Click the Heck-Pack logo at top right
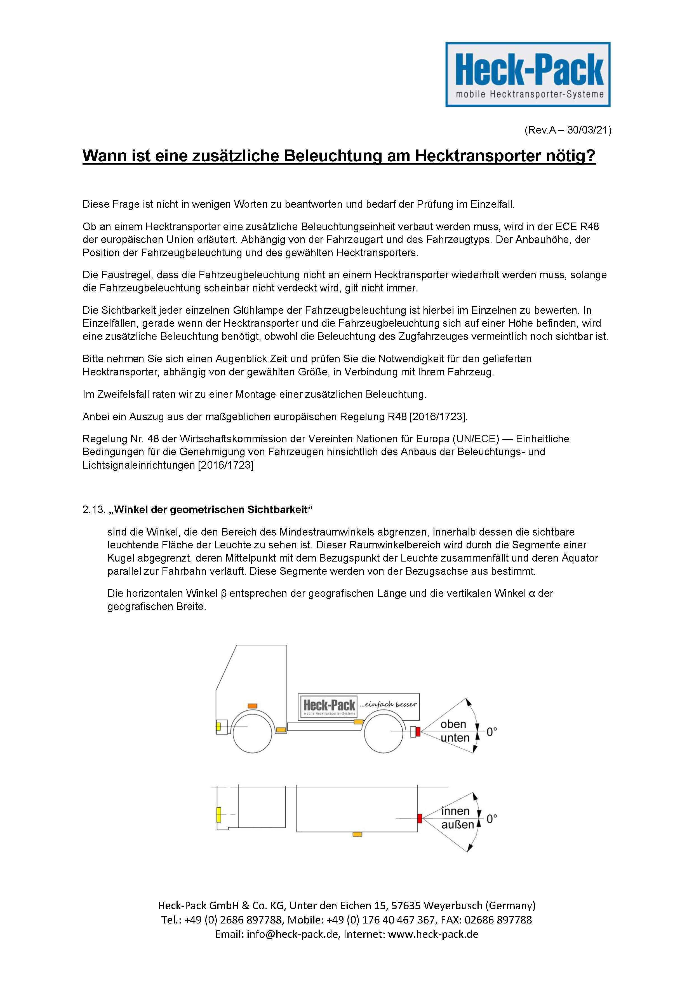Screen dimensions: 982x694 (x=528, y=74)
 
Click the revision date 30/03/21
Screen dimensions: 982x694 (x=589, y=130)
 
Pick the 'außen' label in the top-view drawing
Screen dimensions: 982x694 (x=457, y=825)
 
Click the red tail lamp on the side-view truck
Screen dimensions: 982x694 (x=418, y=732)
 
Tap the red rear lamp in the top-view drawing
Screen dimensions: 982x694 (x=420, y=818)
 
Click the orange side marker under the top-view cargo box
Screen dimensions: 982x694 (x=357, y=834)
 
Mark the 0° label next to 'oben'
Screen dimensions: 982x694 (x=491, y=732)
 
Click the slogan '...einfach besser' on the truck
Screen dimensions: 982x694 (x=388, y=704)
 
